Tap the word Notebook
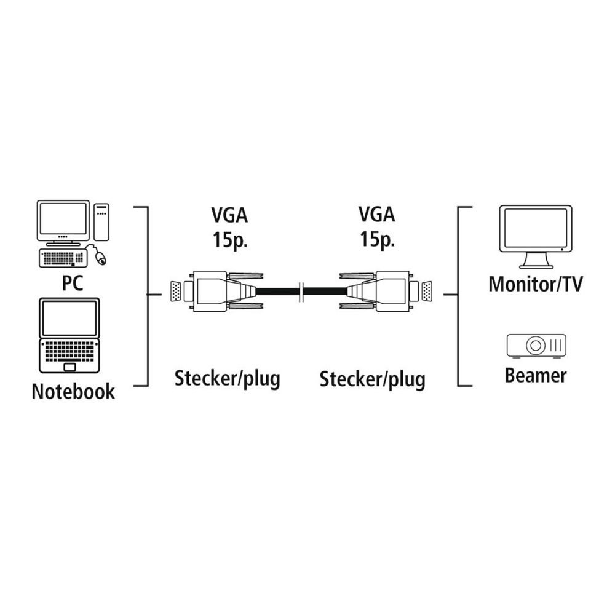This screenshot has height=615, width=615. tap(73, 391)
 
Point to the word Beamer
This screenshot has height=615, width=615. tap(536, 375)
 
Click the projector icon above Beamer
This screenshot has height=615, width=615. tap(536, 346)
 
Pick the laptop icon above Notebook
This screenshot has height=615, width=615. tap(69, 335)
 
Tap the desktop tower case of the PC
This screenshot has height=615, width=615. tap(101, 221)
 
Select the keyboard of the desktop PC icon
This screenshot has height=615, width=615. tap(61, 258)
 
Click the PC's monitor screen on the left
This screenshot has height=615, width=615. tap(63, 219)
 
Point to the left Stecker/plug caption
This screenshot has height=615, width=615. tap(228, 378)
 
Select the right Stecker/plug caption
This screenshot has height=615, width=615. tap(372, 379)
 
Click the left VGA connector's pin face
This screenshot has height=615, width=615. tap(175, 291)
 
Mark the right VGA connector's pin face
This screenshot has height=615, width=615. tap(426, 291)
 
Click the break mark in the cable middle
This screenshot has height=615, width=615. tap(300, 291)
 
